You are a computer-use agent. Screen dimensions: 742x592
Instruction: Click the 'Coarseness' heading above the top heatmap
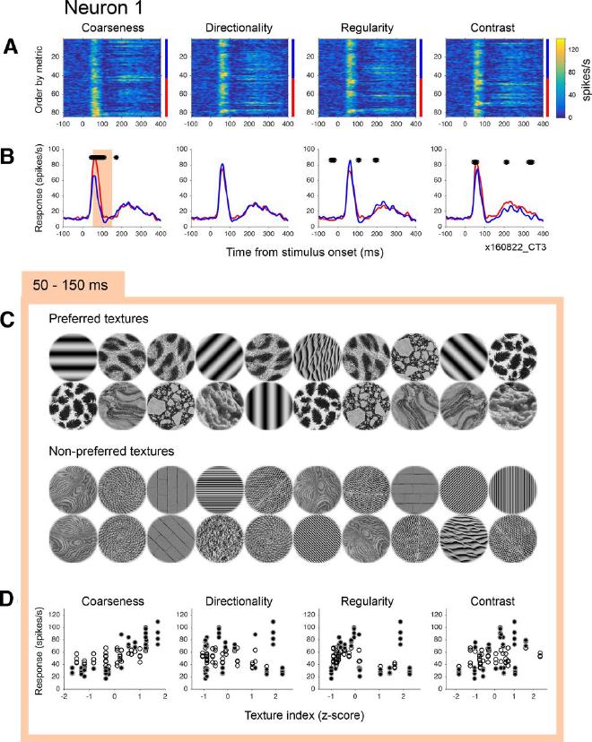pos(108,30)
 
